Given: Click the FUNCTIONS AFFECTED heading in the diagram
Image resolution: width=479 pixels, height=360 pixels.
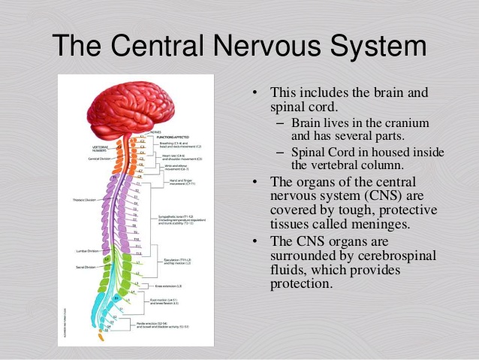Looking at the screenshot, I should pos(170,138).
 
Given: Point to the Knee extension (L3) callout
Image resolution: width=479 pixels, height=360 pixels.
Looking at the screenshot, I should pos(170,286).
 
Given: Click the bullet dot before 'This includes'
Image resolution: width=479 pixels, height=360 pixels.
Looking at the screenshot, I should pos(255,94).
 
